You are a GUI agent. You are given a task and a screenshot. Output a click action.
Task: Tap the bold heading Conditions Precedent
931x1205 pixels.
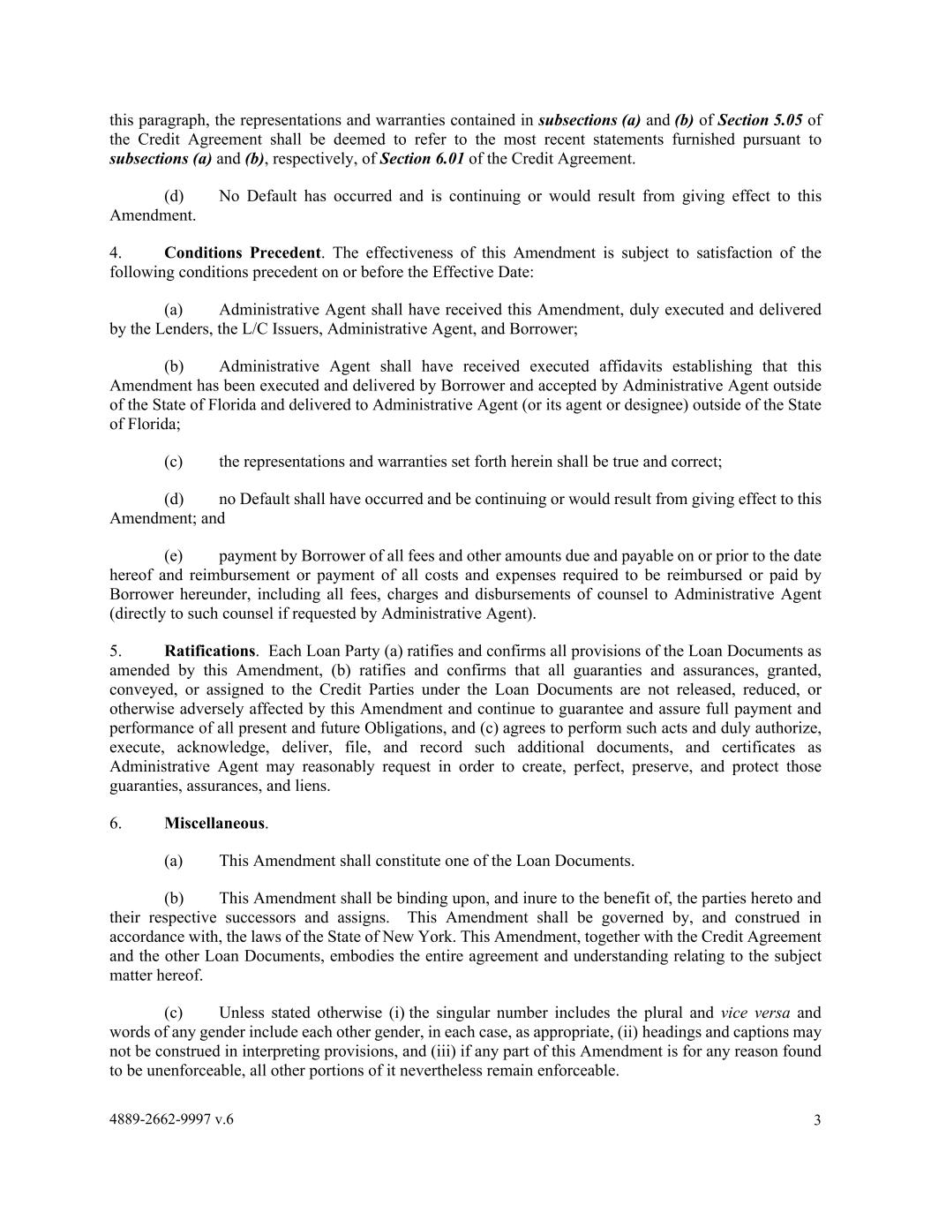pyautogui.click(x=242, y=252)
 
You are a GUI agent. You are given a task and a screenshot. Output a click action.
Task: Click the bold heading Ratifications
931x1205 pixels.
pyautogui.click(x=209, y=651)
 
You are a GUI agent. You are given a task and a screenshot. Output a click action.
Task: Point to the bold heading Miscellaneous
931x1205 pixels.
pyautogui.click(x=214, y=823)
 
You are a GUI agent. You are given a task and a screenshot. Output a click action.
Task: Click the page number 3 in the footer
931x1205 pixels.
pyautogui.click(x=817, y=1120)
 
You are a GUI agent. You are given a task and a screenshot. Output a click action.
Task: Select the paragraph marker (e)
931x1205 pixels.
pyautogui.click(x=173, y=556)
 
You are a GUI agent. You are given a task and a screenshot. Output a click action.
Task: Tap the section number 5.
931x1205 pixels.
pyautogui.click(x=116, y=651)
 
